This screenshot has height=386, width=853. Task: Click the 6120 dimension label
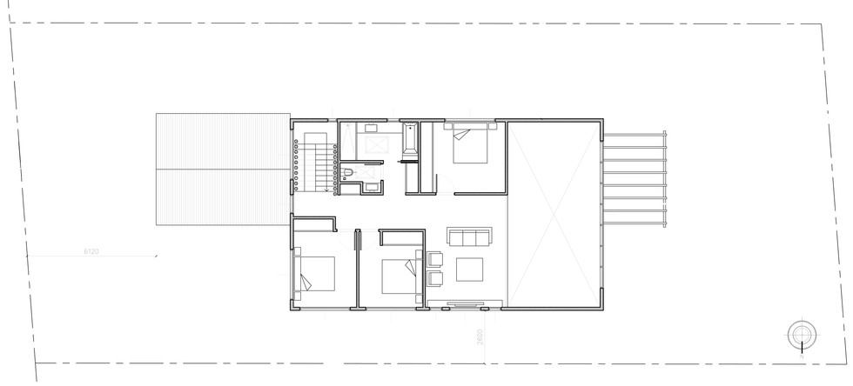(x=91, y=251)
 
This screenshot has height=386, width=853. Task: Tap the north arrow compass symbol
(x=800, y=334)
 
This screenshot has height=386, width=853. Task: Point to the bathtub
(x=409, y=143)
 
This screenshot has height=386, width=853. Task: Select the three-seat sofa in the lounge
(x=468, y=236)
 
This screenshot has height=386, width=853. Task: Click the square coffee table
(x=471, y=270)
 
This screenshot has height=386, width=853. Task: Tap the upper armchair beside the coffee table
(x=434, y=258)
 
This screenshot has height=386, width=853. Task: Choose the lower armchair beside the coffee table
(x=434, y=277)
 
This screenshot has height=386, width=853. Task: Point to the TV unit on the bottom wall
(x=464, y=304)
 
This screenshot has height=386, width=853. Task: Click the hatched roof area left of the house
(x=222, y=169)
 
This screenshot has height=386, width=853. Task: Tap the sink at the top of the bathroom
(x=363, y=129)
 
